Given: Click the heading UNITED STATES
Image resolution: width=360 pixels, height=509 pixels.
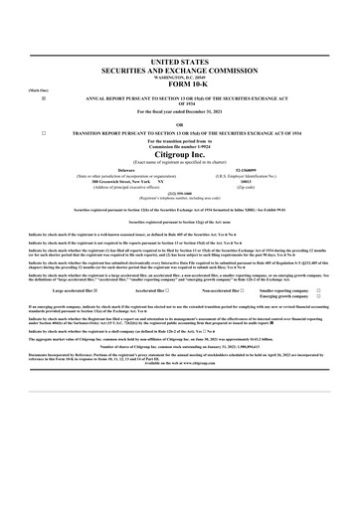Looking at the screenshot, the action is pos(180,62).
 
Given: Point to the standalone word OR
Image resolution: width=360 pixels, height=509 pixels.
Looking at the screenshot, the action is pos(180,124).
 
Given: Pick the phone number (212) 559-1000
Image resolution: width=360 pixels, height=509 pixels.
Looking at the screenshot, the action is pos(180,194).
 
